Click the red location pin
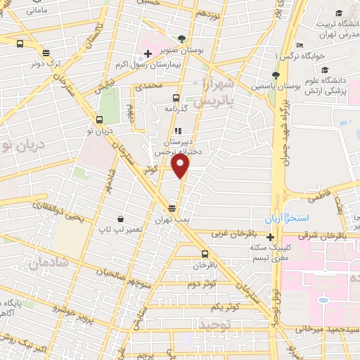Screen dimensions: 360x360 (x=181, y=166)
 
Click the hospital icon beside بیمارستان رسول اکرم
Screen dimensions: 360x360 (x=148, y=53)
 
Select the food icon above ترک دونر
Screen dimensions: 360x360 (x=46, y=52)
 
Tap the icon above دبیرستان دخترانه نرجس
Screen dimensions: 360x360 (x=178, y=131)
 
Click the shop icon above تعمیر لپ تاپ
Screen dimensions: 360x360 (x=121, y=219)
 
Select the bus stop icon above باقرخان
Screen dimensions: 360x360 (x=205, y=255)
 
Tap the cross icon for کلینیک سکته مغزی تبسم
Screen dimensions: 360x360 (x=271, y=237)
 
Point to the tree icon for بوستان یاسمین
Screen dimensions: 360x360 (x=276, y=75)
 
